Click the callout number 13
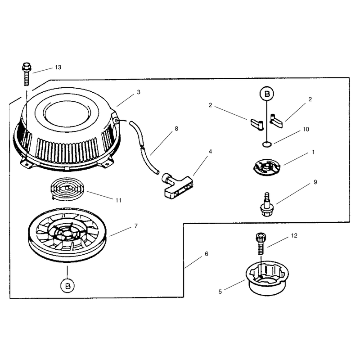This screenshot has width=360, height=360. coord(58,67)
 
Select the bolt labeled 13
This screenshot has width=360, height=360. coord(27,74)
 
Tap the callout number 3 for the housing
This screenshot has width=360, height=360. coord(139,92)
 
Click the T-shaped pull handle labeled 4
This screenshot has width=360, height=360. coord(177,185)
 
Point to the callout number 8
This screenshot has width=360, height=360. coord(176,129)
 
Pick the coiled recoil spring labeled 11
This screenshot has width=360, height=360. coord(67,189)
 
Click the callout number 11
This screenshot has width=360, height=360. coord(118,200)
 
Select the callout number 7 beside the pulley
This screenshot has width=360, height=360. coord(136,226)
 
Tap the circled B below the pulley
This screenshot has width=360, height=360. coord(67,286)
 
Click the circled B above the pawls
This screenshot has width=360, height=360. coord(266,94)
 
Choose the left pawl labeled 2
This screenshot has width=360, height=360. coord(256,124)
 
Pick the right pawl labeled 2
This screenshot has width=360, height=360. coord(276,120)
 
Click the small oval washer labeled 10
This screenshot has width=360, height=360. coord(267,144)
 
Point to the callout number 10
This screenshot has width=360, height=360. coord(306,130)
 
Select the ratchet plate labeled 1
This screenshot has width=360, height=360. coord(267,167)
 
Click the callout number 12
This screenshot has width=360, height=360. coord(294,235)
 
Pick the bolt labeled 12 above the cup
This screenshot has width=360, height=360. coord(261,243)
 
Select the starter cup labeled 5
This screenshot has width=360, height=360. coord(267,278)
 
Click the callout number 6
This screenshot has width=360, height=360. coord(207,254)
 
